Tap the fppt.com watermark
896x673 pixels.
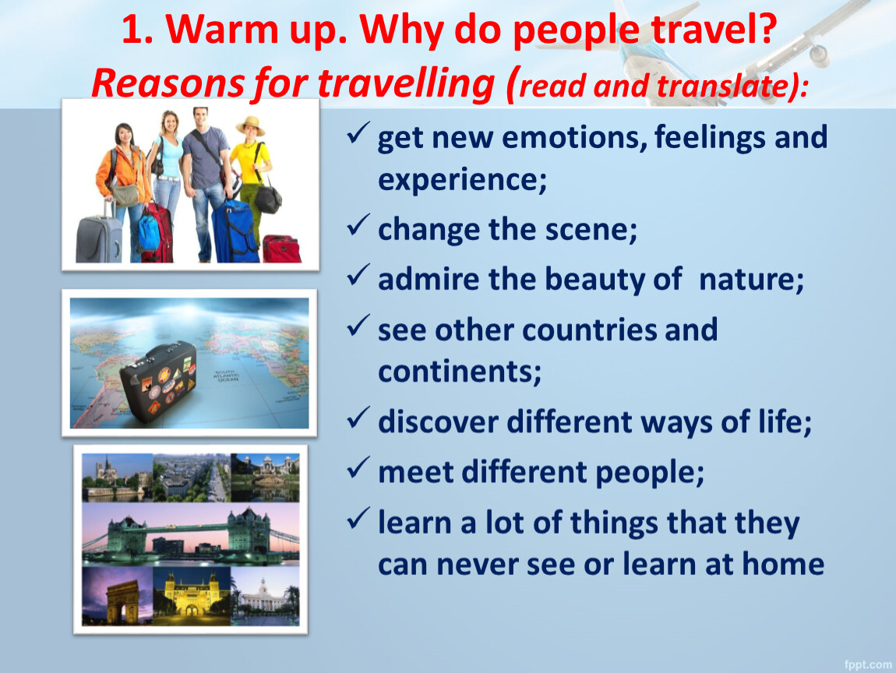pyautogui.click(x=868, y=664)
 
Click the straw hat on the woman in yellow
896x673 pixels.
pyautogui.click(x=250, y=125)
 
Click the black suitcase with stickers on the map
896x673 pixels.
pyautogui.click(x=158, y=381)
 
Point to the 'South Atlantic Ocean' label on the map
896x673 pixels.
pyautogui.click(x=226, y=375)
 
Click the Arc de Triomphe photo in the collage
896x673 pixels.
pyautogui.click(x=118, y=596)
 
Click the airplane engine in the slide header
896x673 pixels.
pyautogui.click(x=819, y=55)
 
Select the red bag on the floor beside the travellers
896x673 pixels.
pyautogui.click(x=281, y=248)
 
